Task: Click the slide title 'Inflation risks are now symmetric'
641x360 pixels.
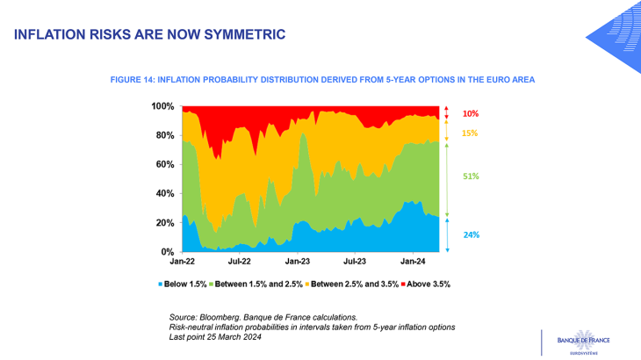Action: [149, 34]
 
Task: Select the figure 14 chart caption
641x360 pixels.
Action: [322, 80]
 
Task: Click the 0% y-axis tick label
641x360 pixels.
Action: [166, 252]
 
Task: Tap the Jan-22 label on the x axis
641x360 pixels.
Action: [183, 262]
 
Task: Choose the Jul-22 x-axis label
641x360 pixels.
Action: [240, 262]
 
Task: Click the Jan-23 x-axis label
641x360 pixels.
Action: [298, 262]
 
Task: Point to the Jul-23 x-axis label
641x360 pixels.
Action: [355, 262]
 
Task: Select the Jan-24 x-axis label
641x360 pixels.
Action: [414, 262]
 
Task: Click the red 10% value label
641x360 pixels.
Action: [471, 114]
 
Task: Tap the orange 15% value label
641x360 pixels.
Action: [471, 133]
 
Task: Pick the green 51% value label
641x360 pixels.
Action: [471, 176]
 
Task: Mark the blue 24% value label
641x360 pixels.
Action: [471, 234]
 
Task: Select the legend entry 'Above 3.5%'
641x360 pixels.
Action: [426, 284]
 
